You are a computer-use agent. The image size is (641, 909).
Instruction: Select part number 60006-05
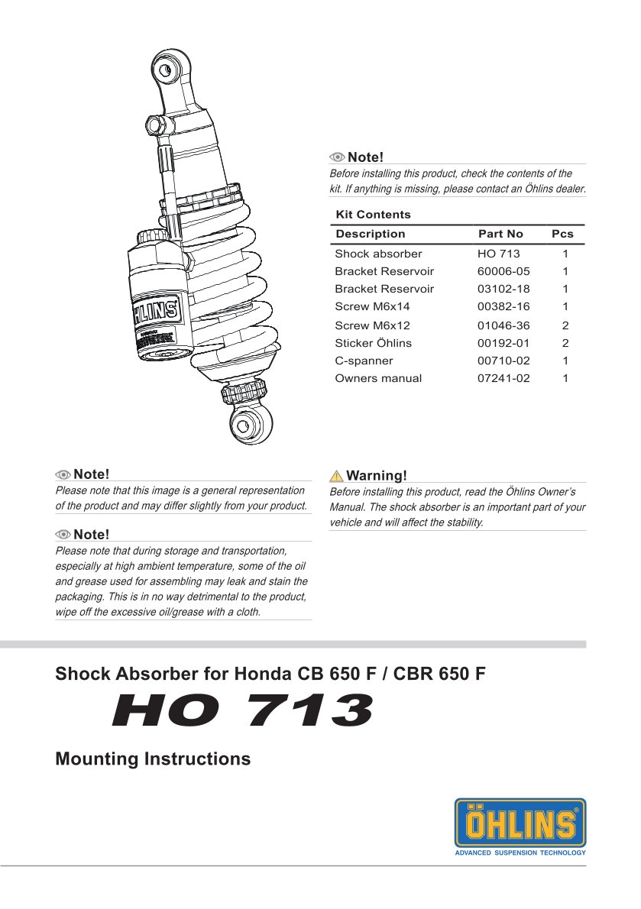pyautogui.click(x=503, y=272)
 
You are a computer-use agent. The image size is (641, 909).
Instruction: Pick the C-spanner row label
pyautogui.click(x=364, y=361)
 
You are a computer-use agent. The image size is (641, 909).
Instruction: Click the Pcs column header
pyautogui.click(x=562, y=235)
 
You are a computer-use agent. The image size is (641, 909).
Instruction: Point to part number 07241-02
pyautogui.click(x=503, y=378)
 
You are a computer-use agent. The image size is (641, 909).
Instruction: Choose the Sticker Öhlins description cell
pyautogui.click(x=373, y=343)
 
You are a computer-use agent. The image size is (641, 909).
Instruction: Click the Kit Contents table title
pyautogui.click(x=373, y=215)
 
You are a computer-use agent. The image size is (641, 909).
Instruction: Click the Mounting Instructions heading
pyautogui.click(x=153, y=759)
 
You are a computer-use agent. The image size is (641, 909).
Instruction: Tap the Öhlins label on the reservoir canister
pyautogui.click(x=157, y=312)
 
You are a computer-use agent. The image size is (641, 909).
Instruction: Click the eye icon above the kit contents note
pyautogui.click(x=338, y=157)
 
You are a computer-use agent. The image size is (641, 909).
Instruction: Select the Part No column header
pyautogui.click(x=500, y=235)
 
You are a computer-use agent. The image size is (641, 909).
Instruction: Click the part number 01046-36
pyautogui.click(x=503, y=325)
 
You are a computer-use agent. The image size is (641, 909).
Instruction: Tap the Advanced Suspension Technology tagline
pyautogui.click(x=520, y=852)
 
